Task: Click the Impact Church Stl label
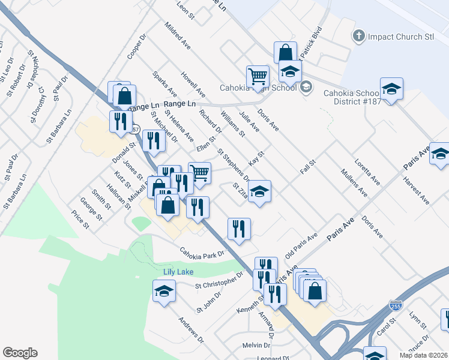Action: click(x=400, y=37)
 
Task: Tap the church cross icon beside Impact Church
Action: click(x=359, y=36)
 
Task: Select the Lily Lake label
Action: click(x=178, y=272)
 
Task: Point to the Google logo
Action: click(x=20, y=353)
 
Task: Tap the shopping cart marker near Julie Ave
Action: click(x=258, y=76)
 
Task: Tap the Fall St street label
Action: click(x=307, y=167)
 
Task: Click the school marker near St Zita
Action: click(x=259, y=192)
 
